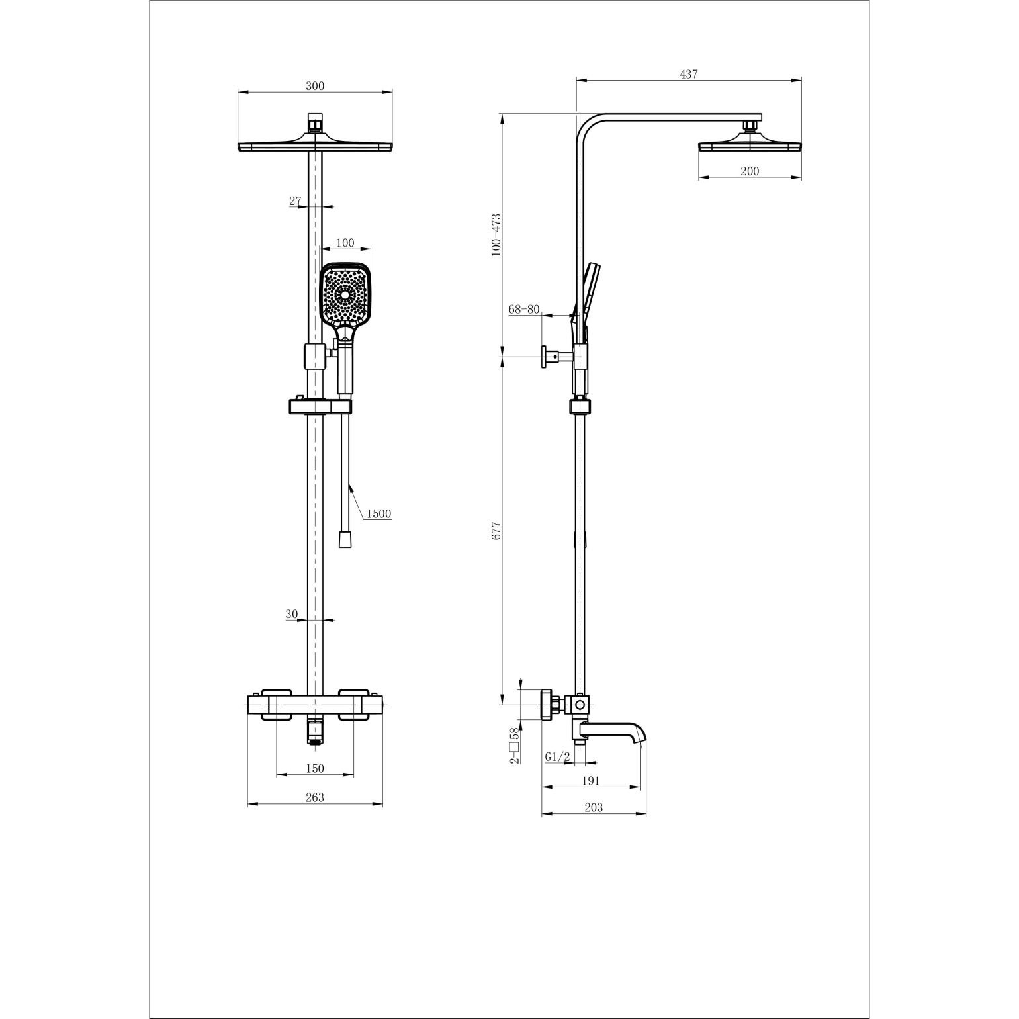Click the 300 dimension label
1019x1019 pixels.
(315, 85)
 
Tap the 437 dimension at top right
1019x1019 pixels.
(689, 75)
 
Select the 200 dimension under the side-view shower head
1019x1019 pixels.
(750, 171)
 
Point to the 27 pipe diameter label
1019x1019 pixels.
(295, 200)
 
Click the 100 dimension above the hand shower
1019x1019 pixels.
(345, 243)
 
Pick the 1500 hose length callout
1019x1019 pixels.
(378, 513)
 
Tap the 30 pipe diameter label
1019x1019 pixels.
(292, 614)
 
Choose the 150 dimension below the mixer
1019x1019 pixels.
(315, 768)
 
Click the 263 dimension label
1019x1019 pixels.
(315, 797)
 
